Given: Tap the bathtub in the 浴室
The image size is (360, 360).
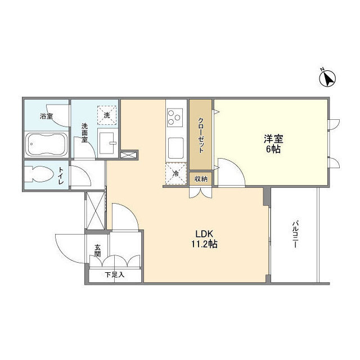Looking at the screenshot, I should pyautogui.click(x=47, y=146).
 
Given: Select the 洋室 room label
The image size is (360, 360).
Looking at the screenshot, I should pyautogui.click(x=274, y=138).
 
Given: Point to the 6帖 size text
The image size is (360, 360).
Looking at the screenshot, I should pyautogui.click(x=274, y=149).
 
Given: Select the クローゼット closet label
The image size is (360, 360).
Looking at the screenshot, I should pyautogui.click(x=201, y=135).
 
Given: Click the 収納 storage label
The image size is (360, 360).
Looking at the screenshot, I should pyautogui.click(x=200, y=179).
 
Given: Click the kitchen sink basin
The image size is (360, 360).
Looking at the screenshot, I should pyautogui.click(x=175, y=147).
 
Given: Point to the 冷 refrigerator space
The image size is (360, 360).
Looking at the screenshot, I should pyautogui.click(x=175, y=174).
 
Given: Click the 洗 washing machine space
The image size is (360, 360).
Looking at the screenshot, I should pyautogui.click(x=107, y=115).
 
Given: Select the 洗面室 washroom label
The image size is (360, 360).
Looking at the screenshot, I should pyautogui.click(x=85, y=133).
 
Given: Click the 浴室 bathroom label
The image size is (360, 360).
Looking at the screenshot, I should pyautogui.click(x=46, y=116).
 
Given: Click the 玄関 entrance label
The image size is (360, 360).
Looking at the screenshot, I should pyautogui.click(x=97, y=250).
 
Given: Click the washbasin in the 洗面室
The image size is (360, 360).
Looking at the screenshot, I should pyautogui.click(x=107, y=139).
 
